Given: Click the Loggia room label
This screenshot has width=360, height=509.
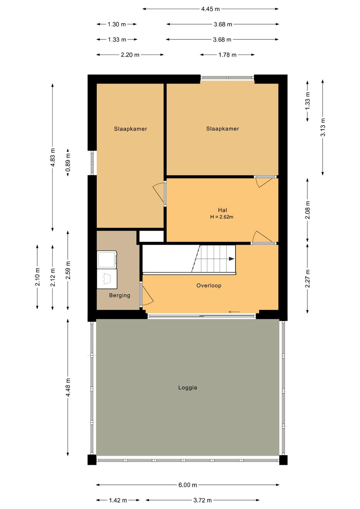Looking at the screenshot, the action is click(187, 387).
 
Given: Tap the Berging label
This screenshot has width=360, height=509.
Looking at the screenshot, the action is click(120, 295).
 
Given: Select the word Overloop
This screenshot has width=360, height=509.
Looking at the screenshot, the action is click(209, 285).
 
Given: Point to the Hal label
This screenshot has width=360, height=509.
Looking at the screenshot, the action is click(222, 210).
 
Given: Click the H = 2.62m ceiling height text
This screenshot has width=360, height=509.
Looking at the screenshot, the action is click(222, 217).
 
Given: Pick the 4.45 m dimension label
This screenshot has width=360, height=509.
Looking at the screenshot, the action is click(210, 9).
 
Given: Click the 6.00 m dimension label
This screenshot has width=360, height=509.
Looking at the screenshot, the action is click(187, 485).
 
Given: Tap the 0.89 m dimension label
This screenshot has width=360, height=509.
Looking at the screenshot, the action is click(68, 163).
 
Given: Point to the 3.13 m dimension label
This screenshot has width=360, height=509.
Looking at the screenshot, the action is click(323, 127).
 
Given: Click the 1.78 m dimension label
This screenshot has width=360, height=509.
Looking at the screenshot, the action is click(227, 55).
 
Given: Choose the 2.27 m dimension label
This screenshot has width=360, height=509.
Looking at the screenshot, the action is click(307, 278).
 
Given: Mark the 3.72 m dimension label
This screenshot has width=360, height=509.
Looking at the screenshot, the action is click(202, 500).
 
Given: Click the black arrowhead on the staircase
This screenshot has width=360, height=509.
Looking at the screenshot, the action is click(232, 259).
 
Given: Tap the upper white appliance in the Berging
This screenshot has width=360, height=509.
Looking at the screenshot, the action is click(107, 260).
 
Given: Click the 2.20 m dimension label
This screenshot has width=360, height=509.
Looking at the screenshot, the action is click(130, 55).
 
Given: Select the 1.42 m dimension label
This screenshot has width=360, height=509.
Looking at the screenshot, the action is click(118, 500).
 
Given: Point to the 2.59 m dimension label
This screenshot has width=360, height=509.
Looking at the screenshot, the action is click(68, 270).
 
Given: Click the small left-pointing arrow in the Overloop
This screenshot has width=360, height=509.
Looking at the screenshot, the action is click(234, 312).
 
